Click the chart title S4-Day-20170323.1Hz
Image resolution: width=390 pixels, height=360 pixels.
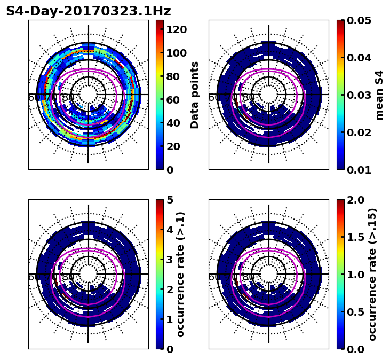89,11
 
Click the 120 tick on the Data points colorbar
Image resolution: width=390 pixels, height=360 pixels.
176,29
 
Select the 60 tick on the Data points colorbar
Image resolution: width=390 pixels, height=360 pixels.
173,99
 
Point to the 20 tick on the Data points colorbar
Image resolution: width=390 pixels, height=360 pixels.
173,146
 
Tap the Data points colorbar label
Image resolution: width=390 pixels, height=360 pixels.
195,95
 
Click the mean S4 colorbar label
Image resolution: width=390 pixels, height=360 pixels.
379,95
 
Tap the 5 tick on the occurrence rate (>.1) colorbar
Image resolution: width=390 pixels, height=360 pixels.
170,200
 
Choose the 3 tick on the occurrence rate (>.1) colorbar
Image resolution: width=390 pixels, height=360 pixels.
170,260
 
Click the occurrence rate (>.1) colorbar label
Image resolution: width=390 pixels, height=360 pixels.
180,275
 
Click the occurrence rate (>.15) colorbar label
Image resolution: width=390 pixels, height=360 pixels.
372,275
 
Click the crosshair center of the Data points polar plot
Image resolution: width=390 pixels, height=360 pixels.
88,95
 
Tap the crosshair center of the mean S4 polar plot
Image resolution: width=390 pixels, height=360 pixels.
269,95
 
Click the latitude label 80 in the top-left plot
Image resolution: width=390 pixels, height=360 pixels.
68,98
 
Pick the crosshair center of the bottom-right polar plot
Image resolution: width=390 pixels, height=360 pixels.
269,275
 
